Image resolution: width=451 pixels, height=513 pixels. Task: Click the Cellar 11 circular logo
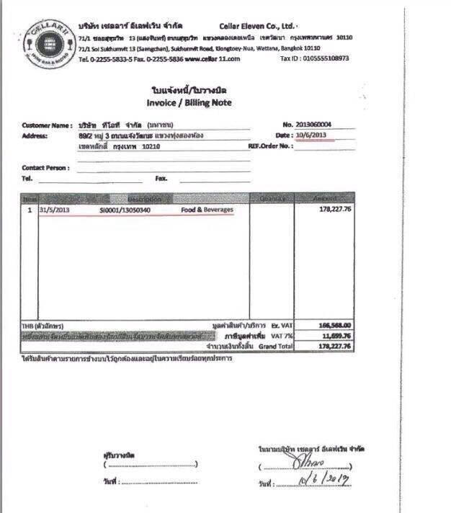pyautogui.click(x=49, y=40)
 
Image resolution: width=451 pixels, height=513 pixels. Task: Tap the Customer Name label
pyautogui.click(x=47, y=125)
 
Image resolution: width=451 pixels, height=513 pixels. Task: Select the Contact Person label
pyautogui.click(x=45, y=168)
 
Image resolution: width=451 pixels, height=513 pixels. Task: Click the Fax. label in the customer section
pyautogui.click(x=162, y=177)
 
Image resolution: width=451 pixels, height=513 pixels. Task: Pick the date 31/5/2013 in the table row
pyautogui.click(x=54, y=210)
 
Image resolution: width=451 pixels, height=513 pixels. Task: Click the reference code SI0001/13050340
pyautogui.click(x=125, y=210)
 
